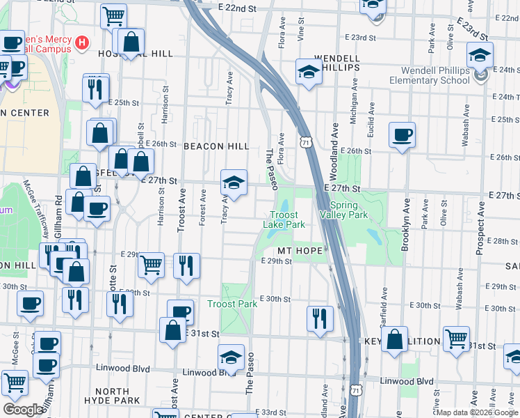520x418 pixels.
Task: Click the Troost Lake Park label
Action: pos(284,219)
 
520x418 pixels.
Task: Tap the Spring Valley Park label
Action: pos(348,210)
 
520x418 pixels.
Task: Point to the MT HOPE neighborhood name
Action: pos(299,250)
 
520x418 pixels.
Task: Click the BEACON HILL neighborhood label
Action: pos(216,146)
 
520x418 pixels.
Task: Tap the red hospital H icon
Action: pos(82,43)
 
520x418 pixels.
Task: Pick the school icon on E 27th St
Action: pos(234,183)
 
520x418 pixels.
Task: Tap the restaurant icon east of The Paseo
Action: pos(320,318)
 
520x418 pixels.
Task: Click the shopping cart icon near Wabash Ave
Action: pos(456,339)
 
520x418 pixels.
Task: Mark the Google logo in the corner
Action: pos(24,409)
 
